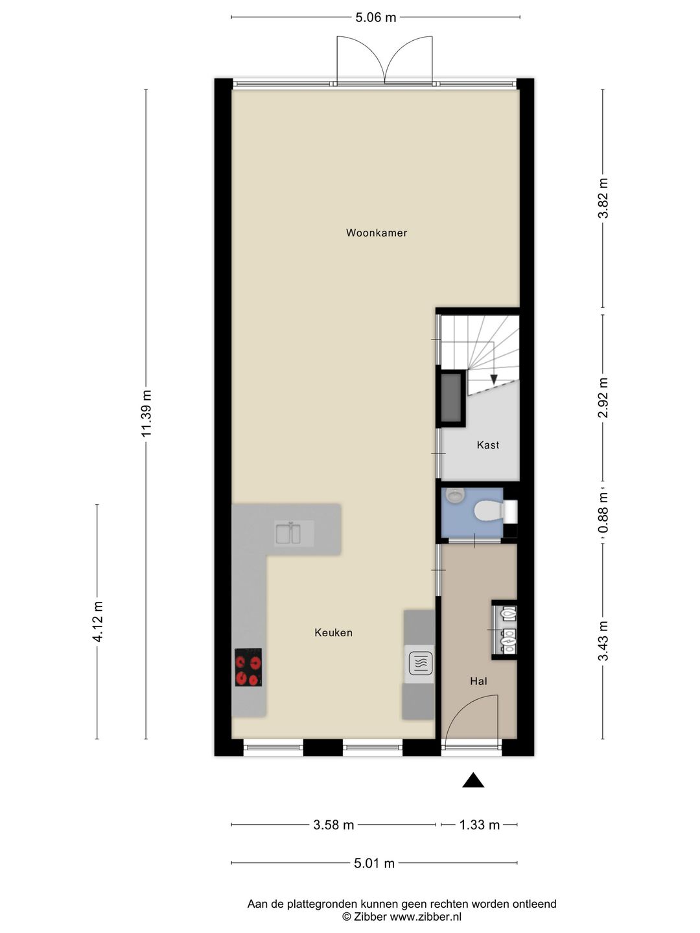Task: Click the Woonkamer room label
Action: click(x=376, y=233)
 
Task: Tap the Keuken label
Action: click(x=333, y=632)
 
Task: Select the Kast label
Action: click(x=487, y=445)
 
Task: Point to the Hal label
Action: click(x=478, y=682)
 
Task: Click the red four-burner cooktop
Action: click(x=248, y=667)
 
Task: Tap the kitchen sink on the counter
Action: click(x=288, y=533)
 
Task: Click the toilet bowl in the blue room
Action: click(x=488, y=511)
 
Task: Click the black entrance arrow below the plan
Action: click(x=473, y=780)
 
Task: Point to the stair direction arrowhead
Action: click(x=493, y=379)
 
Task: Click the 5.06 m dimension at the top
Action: click(x=376, y=17)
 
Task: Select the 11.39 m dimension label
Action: click(x=146, y=413)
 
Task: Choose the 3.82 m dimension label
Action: click(x=603, y=198)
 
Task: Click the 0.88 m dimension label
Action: click(x=603, y=513)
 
